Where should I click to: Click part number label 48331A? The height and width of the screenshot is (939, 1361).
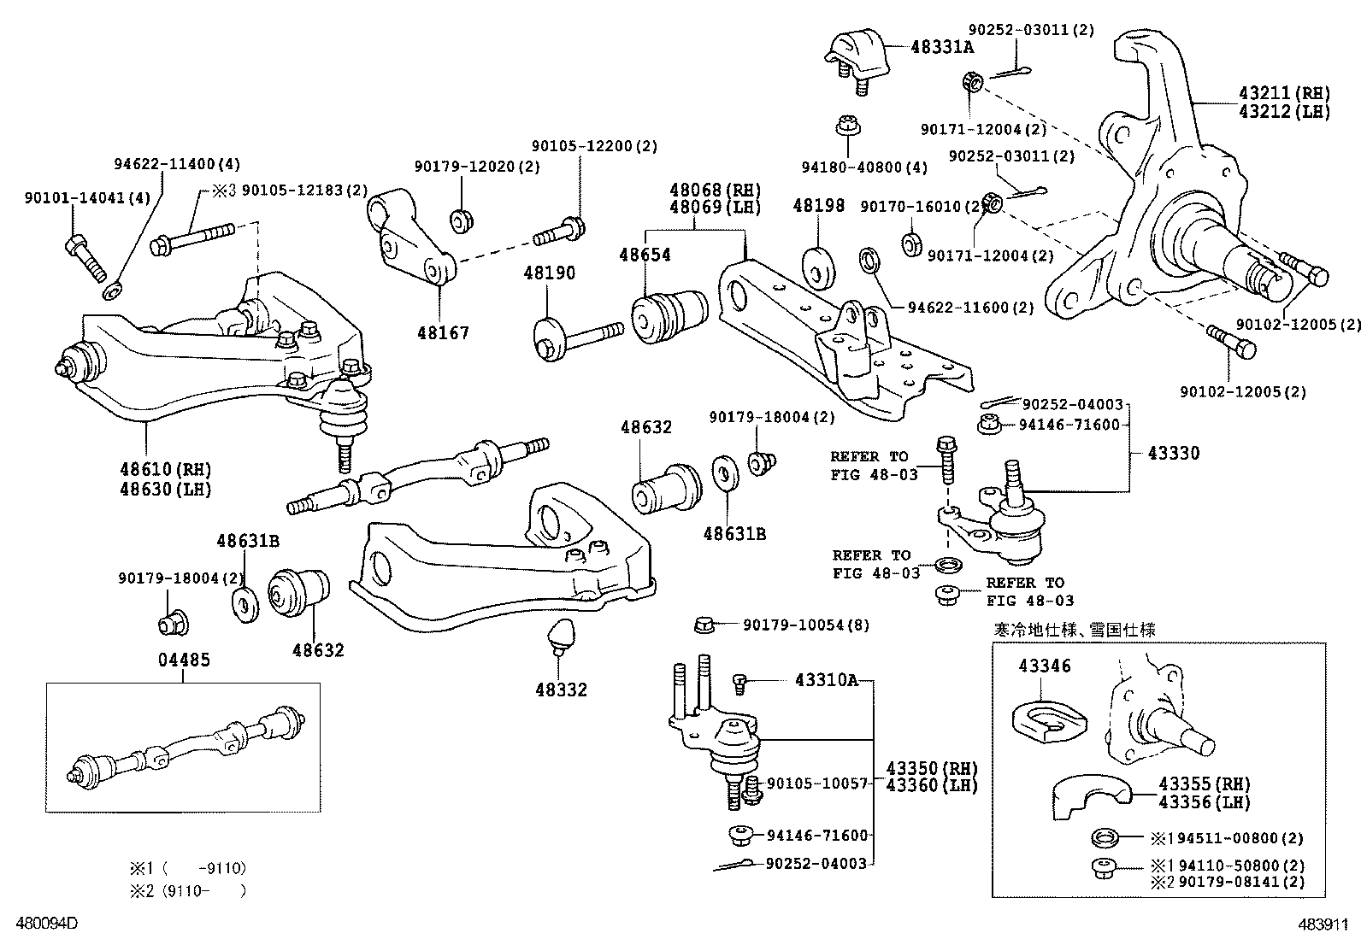pyautogui.click(x=941, y=47)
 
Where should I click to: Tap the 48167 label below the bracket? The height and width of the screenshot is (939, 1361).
pyautogui.click(x=443, y=332)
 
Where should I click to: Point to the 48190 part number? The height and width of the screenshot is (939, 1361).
pyautogui.click(x=549, y=273)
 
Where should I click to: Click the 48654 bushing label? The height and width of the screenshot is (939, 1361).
pyautogui.click(x=645, y=255)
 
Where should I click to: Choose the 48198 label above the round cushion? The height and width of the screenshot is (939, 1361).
pyautogui.click(x=818, y=206)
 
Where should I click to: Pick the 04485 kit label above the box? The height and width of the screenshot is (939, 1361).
pyautogui.click(x=183, y=660)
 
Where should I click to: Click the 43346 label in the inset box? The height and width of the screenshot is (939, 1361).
pyautogui.click(x=1044, y=666)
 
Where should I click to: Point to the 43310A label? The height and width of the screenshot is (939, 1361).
pyautogui.click(x=826, y=680)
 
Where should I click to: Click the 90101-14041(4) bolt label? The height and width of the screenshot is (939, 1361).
pyautogui.click(x=87, y=198)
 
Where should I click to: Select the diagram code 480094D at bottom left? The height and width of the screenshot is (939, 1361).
pyautogui.click(x=43, y=924)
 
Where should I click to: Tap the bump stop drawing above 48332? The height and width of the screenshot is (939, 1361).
pyautogui.click(x=560, y=637)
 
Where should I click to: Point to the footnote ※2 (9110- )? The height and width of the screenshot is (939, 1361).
pyautogui.click(x=188, y=891)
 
